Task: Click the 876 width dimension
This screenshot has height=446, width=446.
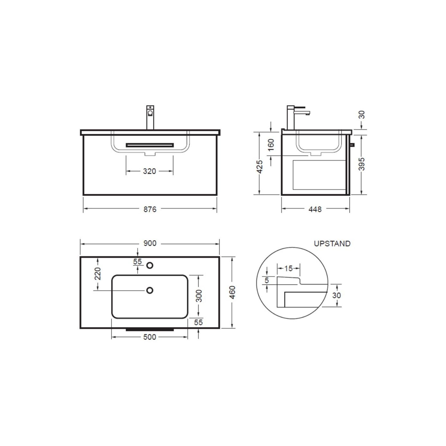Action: [150, 209]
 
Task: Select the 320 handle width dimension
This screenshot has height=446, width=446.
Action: [149, 171]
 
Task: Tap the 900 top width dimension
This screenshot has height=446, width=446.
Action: [150, 243]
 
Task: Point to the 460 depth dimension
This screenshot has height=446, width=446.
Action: [233, 292]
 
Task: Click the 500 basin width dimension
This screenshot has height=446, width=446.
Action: [150, 337]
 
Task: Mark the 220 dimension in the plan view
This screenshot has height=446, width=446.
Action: [98, 274]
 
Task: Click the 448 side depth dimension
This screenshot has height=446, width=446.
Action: [315, 209]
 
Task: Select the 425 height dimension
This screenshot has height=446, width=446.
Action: [260, 167]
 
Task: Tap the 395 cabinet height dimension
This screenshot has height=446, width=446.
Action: [362, 164]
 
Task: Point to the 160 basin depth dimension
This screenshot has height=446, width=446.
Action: [271, 145]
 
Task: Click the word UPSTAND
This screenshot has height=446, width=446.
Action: [332, 244]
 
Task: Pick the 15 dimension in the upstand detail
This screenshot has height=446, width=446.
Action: [288, 269]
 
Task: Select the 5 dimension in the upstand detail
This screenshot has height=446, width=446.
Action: [267, 280]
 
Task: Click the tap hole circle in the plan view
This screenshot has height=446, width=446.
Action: [150, 265]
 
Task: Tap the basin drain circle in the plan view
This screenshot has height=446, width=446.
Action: [150, 290]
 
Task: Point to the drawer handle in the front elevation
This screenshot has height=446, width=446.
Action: [150, 145]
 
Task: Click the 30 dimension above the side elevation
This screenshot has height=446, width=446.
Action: [362, 115]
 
